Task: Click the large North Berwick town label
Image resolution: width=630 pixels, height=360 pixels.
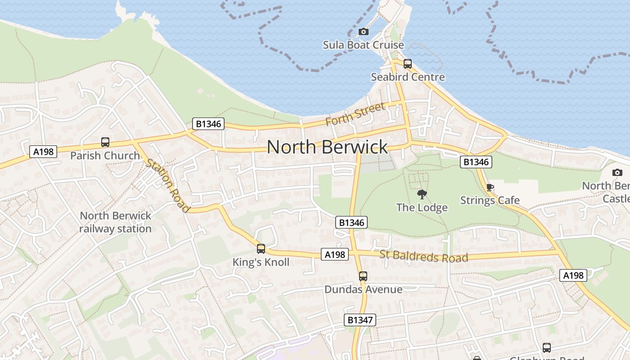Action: [327, 147]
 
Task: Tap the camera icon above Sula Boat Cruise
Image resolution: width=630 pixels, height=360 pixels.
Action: [364, 31]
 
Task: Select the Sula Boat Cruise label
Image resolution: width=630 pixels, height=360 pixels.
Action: [364, 45]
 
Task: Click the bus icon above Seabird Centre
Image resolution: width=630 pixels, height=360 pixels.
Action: [408, 64]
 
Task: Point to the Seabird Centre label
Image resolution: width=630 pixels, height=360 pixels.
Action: [408, 77]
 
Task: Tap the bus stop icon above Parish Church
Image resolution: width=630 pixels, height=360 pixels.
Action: [105, 142]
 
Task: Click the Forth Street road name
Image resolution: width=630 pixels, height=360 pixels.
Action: [355, 114]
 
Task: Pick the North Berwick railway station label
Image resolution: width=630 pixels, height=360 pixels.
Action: [116, 222]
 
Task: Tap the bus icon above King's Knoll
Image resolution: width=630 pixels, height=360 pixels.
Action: [261, 248]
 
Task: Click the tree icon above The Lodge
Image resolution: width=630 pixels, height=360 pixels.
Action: [422, 194]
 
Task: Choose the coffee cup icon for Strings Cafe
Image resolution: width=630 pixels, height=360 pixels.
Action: [490, 187]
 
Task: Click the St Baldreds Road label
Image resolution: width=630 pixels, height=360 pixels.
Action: [423, 256]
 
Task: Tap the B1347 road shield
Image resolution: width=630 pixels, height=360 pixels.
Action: [360, 320]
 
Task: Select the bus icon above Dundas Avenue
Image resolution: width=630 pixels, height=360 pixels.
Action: [363, 276]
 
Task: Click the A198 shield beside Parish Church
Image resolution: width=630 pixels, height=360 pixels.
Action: [44, 152]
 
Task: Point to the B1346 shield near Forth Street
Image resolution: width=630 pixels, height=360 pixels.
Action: [208, 124]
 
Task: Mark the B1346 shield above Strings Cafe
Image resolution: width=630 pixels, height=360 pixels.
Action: [476, 162]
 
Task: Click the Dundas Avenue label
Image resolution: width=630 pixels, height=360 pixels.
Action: [363, 289]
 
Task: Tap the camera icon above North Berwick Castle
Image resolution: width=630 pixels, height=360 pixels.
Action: [617, 172]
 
